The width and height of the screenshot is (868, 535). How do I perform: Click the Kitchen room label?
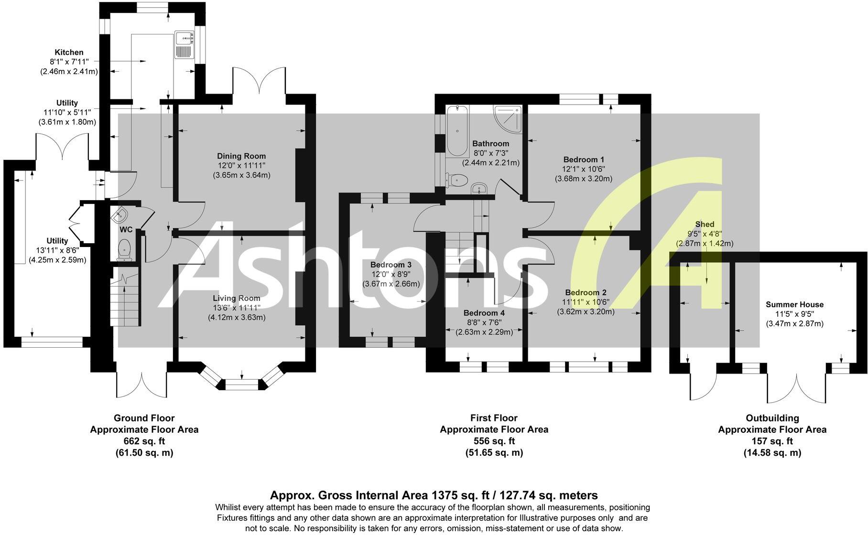pos(69,52)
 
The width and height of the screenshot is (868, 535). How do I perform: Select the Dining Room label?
pos(241,156)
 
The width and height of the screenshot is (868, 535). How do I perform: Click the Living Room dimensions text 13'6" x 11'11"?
pos(237,308)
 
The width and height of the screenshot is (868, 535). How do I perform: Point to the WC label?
pos(126,230)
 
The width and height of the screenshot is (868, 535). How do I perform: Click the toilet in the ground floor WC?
pos(124,250)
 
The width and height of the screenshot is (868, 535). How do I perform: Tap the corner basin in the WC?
pos(118,215)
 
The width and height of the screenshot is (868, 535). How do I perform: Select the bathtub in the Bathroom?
pos(457,131)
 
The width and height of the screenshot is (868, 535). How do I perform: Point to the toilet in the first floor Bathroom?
pos(456,180)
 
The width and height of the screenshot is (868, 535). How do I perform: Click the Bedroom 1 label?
pos(584,160)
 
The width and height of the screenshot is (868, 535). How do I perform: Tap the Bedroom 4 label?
pos(484,313)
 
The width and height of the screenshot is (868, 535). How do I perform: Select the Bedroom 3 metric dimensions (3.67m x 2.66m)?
pos(391,284)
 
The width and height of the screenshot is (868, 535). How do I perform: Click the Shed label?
pos(705,224)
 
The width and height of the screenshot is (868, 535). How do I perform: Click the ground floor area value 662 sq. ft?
pos(144,441)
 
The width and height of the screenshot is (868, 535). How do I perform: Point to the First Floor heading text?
pos(494,418)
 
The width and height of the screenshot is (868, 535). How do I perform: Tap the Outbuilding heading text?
pos(772,418)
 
